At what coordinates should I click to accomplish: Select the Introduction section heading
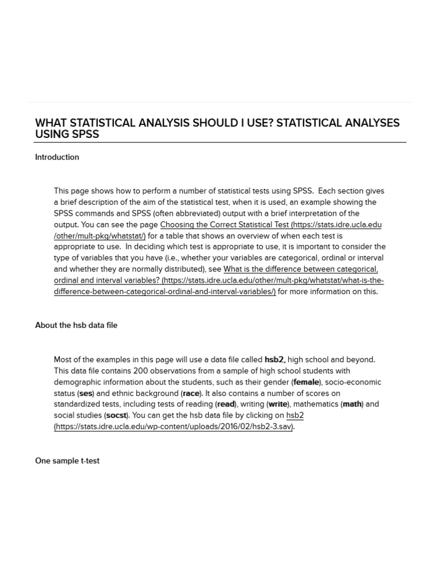pos(57,157)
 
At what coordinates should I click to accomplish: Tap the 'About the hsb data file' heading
pos(76,325)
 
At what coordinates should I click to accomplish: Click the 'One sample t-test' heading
pos(67,461)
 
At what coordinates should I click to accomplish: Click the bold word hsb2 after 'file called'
pos(274,360)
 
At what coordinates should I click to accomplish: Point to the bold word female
pos(306,382)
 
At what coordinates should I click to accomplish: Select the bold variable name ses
pos(85,393)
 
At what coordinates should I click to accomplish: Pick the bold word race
pos(191,393)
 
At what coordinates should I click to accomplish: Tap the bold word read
pos(226,404)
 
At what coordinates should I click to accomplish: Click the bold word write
pos(278,404)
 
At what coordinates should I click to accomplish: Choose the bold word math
pos(352,404)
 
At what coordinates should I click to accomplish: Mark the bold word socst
pos(116,415)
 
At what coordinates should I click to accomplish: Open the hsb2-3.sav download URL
pos(174,426)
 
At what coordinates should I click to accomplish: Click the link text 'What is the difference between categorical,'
pos(300,270)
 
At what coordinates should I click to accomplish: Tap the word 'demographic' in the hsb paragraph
pos(78,382)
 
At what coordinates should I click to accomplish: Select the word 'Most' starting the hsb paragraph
pos(63,360)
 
